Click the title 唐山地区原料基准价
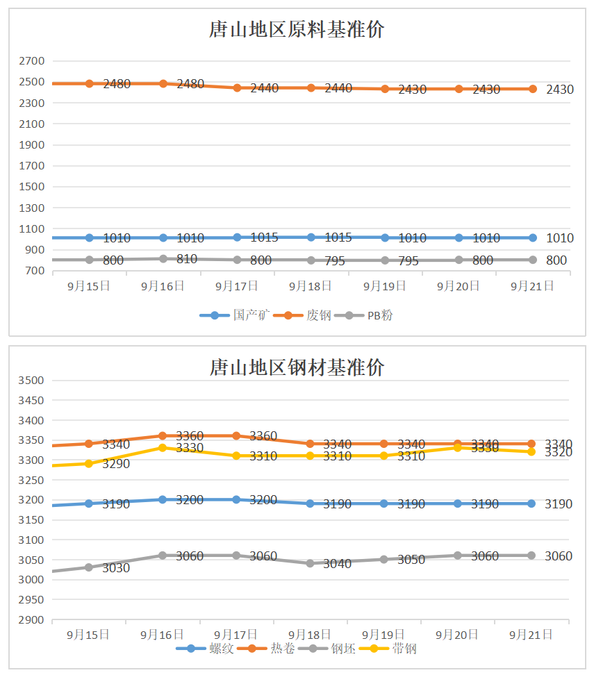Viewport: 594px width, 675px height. (297, 31)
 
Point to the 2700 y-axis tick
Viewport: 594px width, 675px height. (32, 61)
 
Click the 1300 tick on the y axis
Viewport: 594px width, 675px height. (32, 208)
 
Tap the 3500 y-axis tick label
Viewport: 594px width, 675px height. (32, 381)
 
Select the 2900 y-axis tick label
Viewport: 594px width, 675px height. (32, 619)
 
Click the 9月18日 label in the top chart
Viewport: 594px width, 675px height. (310, 285)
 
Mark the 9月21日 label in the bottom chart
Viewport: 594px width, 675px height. (531, 634)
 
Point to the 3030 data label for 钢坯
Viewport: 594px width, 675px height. (116, 568)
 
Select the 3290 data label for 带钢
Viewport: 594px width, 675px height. (116, 464)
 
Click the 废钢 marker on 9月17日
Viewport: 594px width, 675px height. (237, 88)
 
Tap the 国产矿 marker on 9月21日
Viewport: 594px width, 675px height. (533, 237)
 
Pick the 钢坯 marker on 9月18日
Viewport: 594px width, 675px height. (310, 563)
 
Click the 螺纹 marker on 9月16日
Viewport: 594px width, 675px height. (163, 499)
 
